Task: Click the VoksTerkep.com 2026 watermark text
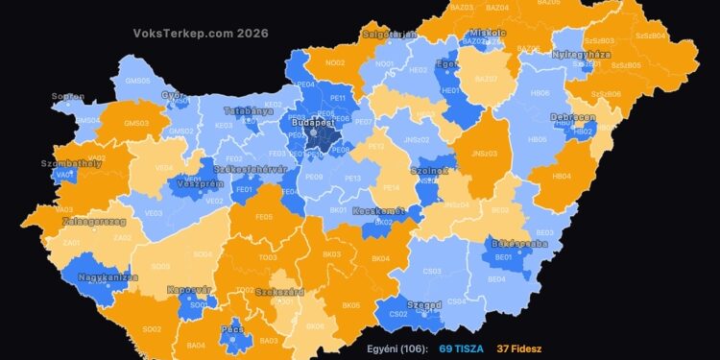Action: click(x=201, y=32)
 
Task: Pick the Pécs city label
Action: click(x=233, y=328)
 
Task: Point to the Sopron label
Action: click(x=68, y=97)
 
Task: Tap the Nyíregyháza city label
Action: click(x=581, y=55)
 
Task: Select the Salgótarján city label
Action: click(x=389, y=34)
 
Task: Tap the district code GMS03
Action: click(x=136, y=123)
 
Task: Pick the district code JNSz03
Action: click(x=485, y=153)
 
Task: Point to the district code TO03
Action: click(x=267, y=257)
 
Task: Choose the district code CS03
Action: click(x=432, y=272)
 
